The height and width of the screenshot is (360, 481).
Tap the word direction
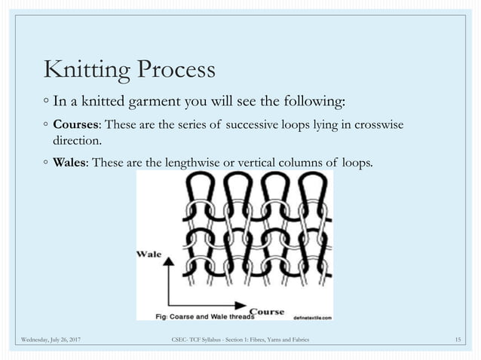[x=75, y=140]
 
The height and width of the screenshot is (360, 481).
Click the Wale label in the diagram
[x=149, y=255]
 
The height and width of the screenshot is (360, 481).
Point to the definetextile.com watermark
[x=311, y=317]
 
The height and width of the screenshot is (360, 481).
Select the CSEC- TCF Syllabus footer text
[x=240, y=342]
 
